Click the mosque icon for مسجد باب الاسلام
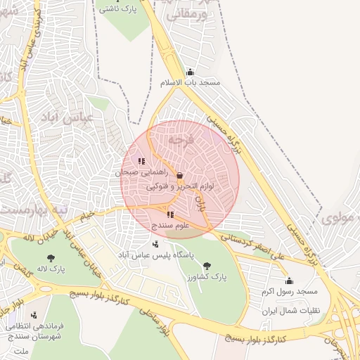190,72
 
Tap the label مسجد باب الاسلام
191,83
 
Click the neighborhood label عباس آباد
78,117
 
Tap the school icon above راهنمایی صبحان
142,161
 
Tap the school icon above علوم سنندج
170,214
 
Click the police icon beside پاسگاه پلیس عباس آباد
155,244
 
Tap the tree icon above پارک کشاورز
207,266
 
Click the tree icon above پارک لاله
51,258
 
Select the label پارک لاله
51,269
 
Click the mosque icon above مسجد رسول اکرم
289,281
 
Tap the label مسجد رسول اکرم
290,291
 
